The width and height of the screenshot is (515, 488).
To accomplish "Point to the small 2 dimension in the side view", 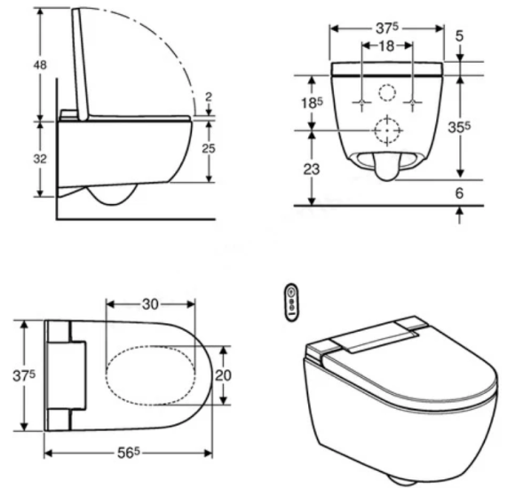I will coord(207,97).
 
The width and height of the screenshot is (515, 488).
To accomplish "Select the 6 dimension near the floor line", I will coord(459,192).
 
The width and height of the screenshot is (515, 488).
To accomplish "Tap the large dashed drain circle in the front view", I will coord(386,131).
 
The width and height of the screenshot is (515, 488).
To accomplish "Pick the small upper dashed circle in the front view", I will coord(387,92).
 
